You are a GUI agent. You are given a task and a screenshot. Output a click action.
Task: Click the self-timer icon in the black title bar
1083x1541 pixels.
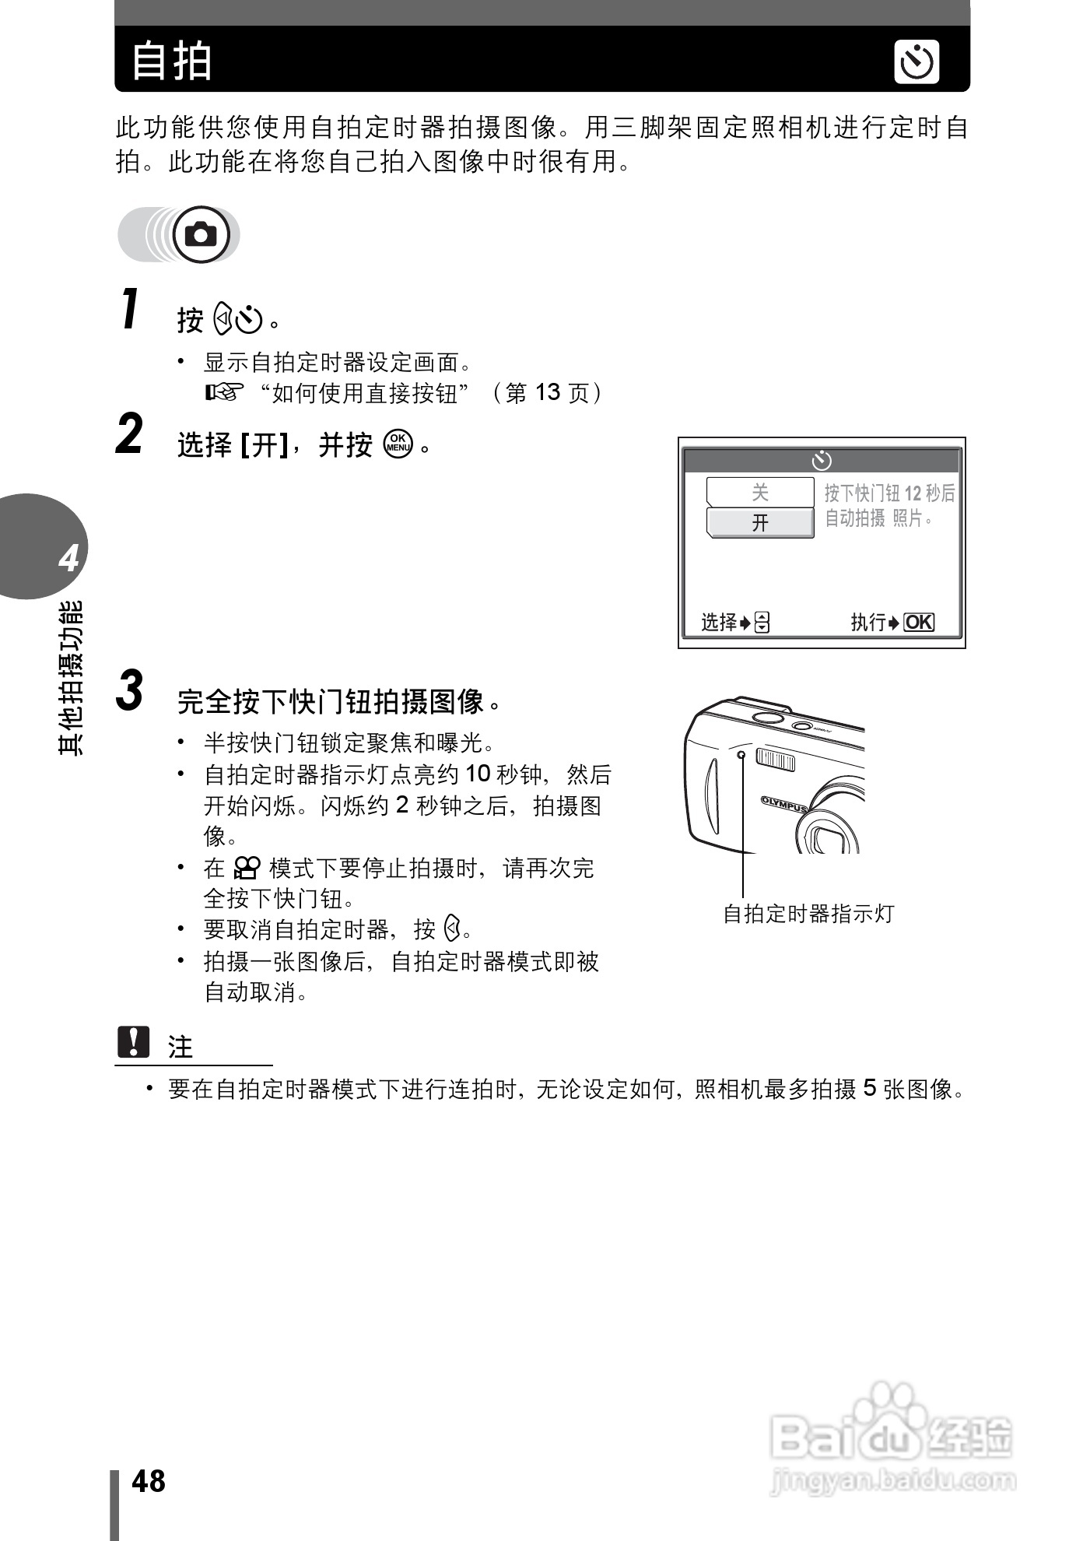pyautogui.click(x=917, y=62)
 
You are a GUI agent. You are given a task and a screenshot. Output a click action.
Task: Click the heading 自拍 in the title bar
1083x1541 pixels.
pyautogui.click(x=172, y=61)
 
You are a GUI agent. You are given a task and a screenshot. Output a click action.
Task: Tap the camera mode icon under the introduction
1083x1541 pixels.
pyautogui.click(x=201, y=234)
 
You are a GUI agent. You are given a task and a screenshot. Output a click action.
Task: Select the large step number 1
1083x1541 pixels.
pyautogui.click(x=131, y=309)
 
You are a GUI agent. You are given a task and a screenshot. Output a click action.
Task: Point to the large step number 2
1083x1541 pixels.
pyautogui.click(x=130, y=434)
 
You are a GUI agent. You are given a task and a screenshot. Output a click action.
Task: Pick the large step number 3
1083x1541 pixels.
pyautogui.click(x=130, y=690)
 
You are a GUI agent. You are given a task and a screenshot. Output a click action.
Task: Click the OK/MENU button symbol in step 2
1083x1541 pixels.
pyautogui.click(x=398, y=444)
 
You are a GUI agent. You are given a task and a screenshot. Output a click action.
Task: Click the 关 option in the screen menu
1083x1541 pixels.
pyautogui.click(x=759, y=492)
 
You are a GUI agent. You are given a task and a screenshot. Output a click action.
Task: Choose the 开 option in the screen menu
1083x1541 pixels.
pyautogui.click(x=759, y=522)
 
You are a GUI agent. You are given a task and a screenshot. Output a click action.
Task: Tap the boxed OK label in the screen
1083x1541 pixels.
pyautogui.click(x=918, y=622)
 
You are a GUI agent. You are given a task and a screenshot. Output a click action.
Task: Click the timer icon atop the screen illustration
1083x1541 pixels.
pyautogui.click(x=821, y=461)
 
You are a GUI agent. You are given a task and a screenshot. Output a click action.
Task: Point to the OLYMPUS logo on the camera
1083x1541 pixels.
pyautogui.click(x=783, y=803)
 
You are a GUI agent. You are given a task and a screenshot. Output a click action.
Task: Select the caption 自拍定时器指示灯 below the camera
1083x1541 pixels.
pyautogui.click(x=808, y=914)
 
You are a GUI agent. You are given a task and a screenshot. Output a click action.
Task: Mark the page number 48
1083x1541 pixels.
pyautogui.click(x=149, y=1482)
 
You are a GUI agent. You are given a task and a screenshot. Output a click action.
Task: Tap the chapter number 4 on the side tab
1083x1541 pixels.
pyautogui.click(x=68, y=558)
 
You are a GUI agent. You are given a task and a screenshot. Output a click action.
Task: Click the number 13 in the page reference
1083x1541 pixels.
pyautogui.click(x=547, y=393)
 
